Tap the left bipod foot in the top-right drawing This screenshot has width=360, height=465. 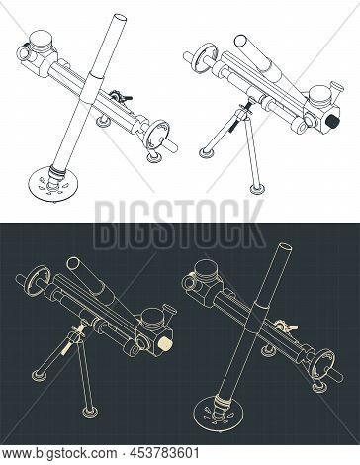coord(207,151)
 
